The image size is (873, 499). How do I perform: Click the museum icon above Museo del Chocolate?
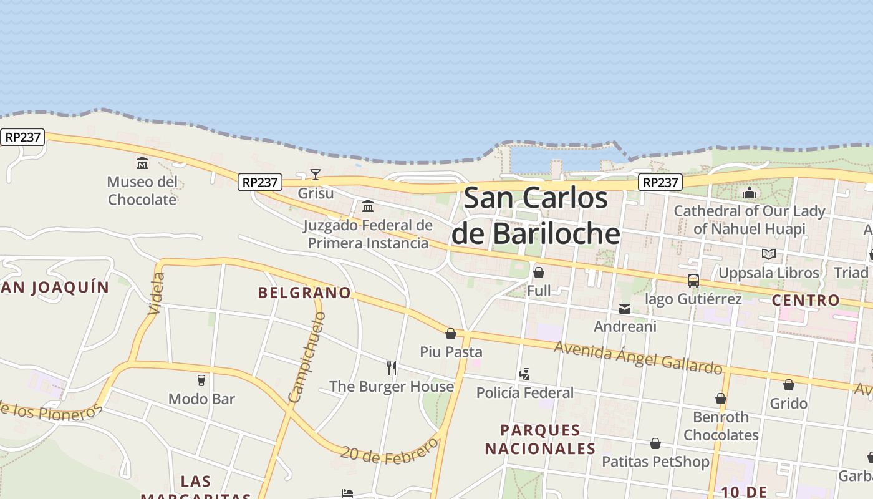click(142, 163)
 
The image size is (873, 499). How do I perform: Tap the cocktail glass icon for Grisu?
click(316, 175)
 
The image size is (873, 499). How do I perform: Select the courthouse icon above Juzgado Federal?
click(368, 206)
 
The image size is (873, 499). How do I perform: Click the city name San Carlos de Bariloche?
click(536, 216)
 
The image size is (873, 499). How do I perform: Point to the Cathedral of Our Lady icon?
click(750, 193)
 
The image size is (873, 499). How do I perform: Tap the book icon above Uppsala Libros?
click(769, 254)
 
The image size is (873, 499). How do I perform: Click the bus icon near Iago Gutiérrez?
click(693, 281)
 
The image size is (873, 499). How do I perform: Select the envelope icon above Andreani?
click(625, 309)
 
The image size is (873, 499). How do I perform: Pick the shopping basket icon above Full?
click(539, 273)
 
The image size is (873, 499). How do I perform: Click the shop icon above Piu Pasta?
click(451, 334)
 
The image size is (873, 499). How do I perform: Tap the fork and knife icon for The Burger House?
click(392, 368)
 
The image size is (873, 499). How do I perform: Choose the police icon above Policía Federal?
click(524, 374)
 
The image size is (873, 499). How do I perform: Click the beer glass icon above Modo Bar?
click(201, 380)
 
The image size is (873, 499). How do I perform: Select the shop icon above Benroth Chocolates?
click(721, 399)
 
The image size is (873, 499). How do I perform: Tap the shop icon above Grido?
click(789, 385)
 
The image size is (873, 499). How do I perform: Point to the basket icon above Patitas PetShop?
click(655, 443)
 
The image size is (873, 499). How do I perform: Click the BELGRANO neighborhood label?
click(304, 293)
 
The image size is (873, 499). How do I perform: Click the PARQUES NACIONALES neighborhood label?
click(540, 439)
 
